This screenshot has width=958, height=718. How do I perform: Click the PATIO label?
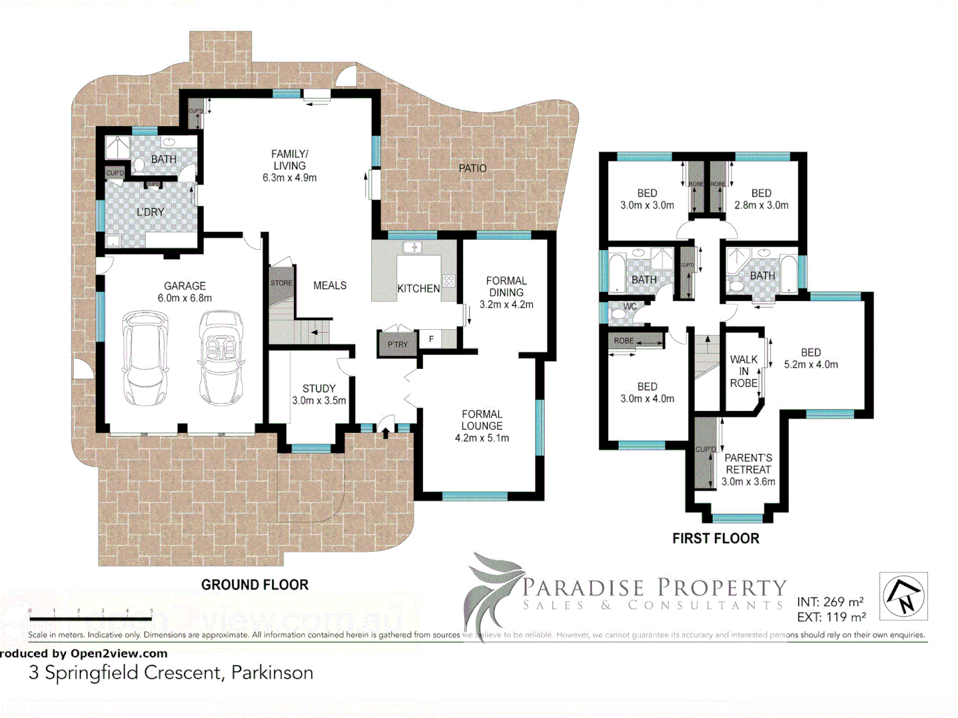tap(472, 168)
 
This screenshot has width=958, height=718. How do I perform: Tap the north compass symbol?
tap(903, 596)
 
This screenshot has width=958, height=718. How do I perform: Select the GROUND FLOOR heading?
tap(255, 585)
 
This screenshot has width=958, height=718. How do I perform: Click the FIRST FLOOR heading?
tap(715, 538)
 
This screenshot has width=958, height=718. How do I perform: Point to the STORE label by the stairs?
tap(281, 283)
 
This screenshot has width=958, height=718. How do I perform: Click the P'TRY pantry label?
tap(397, 344)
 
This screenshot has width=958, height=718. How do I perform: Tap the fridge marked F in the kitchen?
tap(431, 339)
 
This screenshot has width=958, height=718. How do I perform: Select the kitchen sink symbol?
tap(413, 248)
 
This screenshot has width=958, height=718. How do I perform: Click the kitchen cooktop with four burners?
tap(449, 281)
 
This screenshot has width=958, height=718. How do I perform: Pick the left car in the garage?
tap(145, 358)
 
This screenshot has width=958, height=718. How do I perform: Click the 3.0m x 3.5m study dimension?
tap(319, 401)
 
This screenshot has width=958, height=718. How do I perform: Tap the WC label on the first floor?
tap(630, 306)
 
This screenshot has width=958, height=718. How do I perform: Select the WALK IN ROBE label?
tap(744, 371)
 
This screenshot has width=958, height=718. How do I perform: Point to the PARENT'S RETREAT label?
tap(748, 463)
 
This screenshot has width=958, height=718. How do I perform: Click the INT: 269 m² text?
tap(830, 602)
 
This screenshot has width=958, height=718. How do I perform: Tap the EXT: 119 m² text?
tap(831, 617)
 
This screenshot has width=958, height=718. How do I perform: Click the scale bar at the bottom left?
tap(91, 618)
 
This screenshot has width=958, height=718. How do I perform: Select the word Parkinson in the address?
tap(272, 673)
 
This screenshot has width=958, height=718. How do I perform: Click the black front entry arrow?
tap(386, 433)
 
